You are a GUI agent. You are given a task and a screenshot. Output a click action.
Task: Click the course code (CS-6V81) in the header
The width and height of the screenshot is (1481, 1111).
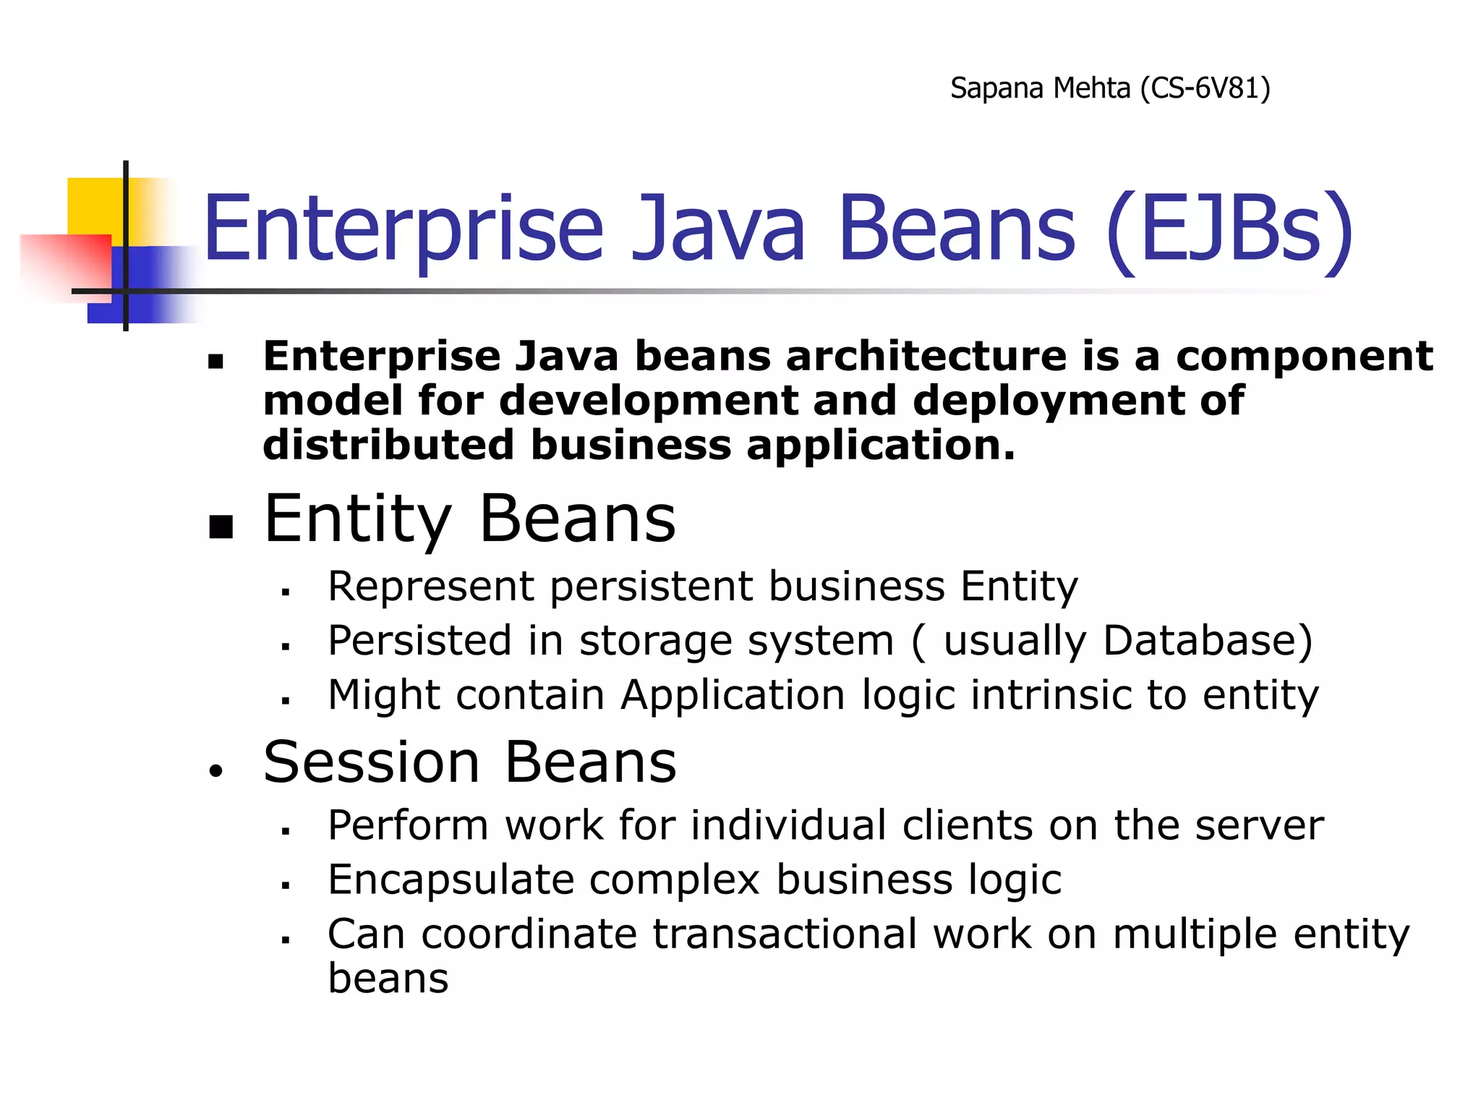(x=1205, y=88)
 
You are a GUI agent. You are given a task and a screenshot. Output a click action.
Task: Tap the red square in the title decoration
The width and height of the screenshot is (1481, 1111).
(x=65, y=264)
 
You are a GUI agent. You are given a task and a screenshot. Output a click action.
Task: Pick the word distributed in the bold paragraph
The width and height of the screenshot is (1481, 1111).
(x=388, y=445)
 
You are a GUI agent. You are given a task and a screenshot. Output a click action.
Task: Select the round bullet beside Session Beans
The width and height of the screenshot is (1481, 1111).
(x=215, y=771)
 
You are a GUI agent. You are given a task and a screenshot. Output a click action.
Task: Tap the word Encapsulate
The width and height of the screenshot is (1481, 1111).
(x=451, y=880)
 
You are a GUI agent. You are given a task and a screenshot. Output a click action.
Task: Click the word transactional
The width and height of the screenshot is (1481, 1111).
(x=785, y=934)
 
